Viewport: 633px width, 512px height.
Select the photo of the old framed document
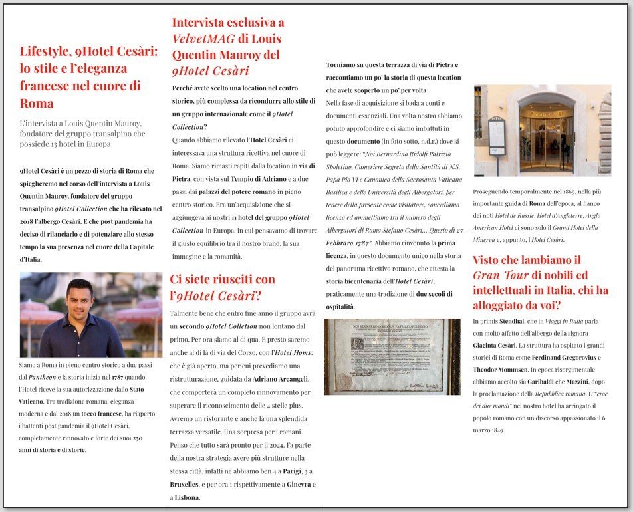click(x=392, y=356)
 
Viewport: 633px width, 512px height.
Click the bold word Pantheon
click(x=50, y=376)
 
